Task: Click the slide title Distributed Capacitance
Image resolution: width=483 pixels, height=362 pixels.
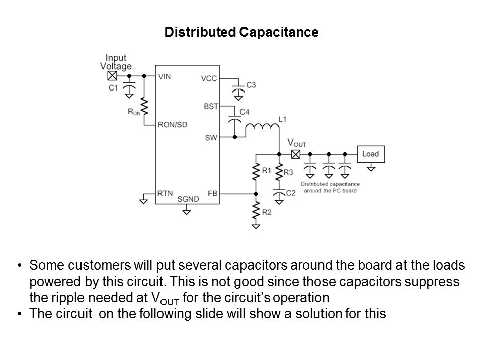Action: pos(242,33)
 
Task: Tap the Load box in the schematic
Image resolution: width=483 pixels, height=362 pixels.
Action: pos(370,154)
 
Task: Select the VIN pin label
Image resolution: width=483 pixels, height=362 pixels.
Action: pos(165,77)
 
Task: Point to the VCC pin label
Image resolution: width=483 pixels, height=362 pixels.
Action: pos(208,78)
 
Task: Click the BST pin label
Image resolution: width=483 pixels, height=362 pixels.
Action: pos(210,106)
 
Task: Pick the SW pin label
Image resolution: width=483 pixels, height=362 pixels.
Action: pos(211,136)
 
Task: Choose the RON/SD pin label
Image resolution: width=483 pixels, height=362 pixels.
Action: pos(173,125)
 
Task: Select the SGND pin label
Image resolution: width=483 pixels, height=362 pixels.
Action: pos(188,199)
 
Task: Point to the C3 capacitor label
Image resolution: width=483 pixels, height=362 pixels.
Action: pos(250,85)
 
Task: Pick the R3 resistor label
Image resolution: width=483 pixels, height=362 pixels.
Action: pos(288,172)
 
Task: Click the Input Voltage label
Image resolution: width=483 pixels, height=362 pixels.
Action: pos(116,62)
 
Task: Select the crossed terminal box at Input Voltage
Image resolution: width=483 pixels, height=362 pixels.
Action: pos(112,76)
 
